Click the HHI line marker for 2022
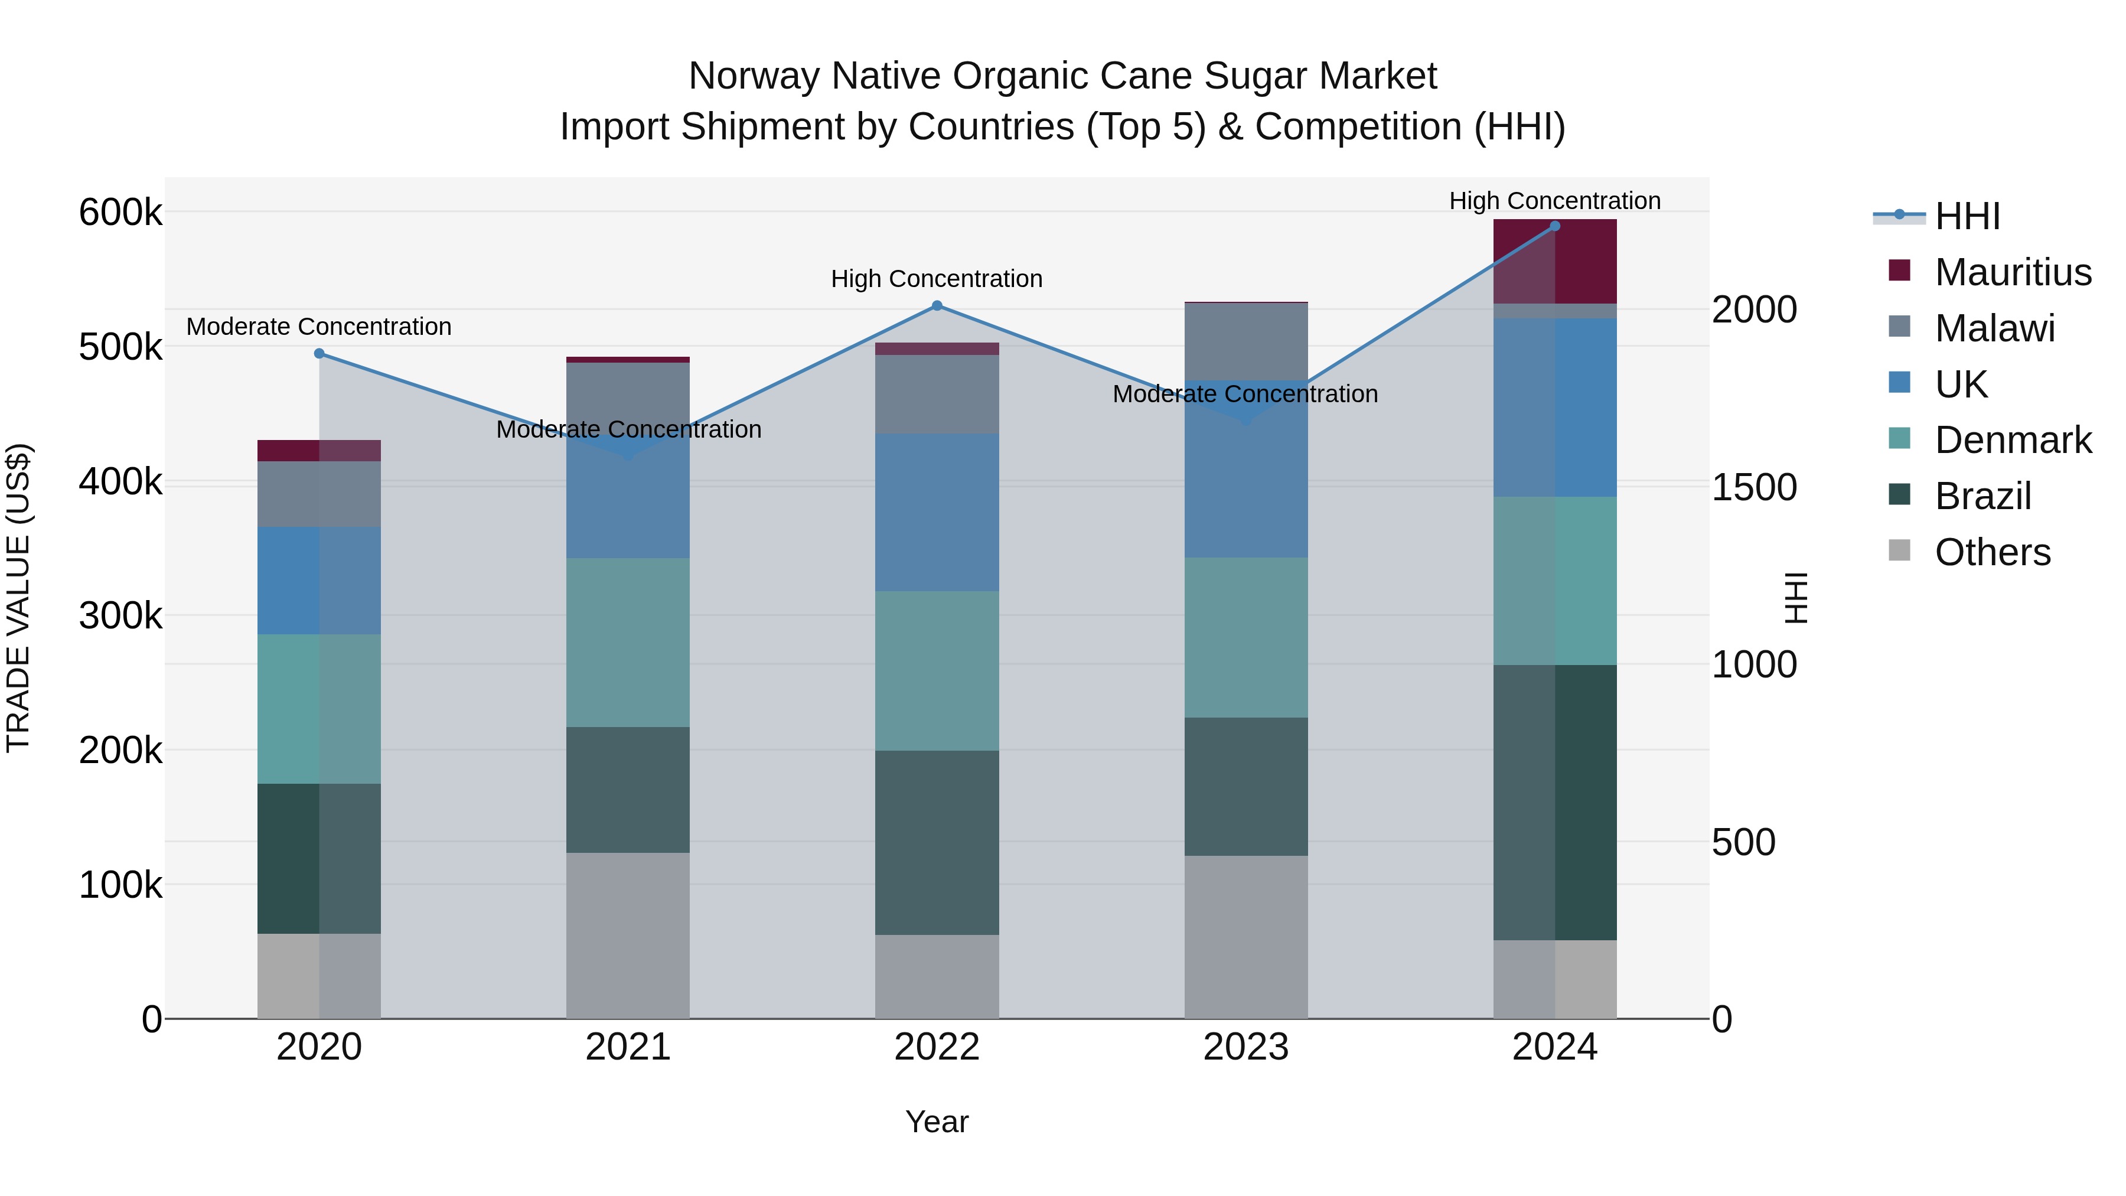[x=937, y=306]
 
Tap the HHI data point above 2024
[x=1555, y=226]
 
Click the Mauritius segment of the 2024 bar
[x=1555, y=262]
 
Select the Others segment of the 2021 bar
[x=628, y=935]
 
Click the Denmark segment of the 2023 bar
[x=1246, y=637]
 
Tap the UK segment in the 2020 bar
[x=319, y=580]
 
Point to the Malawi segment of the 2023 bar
[x=1246, y=341]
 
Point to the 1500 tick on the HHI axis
[x=1754, y=487]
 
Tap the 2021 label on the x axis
[x=628, y=1047]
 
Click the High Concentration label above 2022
[x=937, y=279]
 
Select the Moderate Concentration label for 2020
[x=319, y=327]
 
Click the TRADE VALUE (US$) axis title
[x=18, y=598]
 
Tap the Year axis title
[x=937, y=1122]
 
